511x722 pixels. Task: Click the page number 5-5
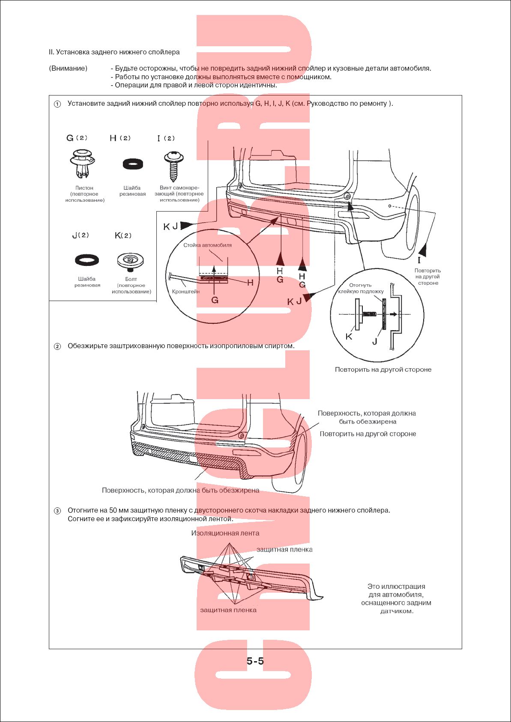pyautogui.click(x=255, y=661)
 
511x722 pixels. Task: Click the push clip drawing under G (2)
pyautogui.click(x=83, y=164)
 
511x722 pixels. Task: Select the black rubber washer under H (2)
pyautogui.click(x=133, y=164)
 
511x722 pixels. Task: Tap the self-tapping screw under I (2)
pyautogui.click(x=174, y=165)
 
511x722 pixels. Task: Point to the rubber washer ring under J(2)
pyautogui.click(x=87, y=260)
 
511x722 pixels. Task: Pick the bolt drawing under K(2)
pyautogui.click(x=130, y=260)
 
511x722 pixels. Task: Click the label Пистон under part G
pyautogui.click(x=84, y=188)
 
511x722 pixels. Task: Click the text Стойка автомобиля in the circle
pyautogui.click(x=207, y=245)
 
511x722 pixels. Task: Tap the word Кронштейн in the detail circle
pyautogui.click(x=186, y=292)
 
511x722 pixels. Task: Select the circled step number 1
pyautogui.click(x=57, y=104)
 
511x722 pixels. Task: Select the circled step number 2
pyautogui.click(x=57, y=346)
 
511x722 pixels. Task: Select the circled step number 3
pyautogui.click(x=57, y=511)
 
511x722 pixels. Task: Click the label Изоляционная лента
pyautogui.click(x=225, y=533)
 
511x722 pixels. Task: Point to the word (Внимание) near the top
pyautogui.click(x=68, y=69)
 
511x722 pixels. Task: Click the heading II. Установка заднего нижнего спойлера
pyautogui.click(x=114, y=52)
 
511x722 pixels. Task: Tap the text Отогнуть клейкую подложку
pyautogui.click(x=361, y=288)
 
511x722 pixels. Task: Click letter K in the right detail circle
pyautogui.click(x=349, y=337)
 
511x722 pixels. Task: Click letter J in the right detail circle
pyautogui.click(x=375, y=341)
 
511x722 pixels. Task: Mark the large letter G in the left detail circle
pyautogui.click(x=215, y=300)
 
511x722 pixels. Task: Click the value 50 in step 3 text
pyautogui.click(x=113, y=510)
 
